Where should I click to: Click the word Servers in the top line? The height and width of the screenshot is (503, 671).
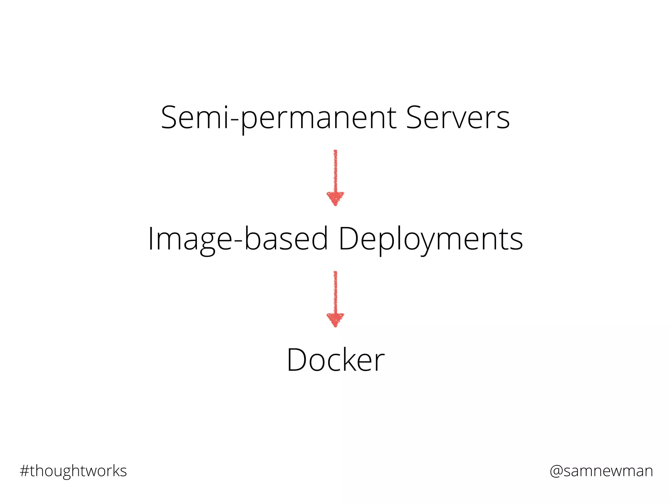457,118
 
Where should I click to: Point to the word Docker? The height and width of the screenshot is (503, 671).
335,360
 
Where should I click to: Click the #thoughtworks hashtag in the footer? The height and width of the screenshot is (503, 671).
73,471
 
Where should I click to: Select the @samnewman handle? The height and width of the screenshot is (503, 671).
601,471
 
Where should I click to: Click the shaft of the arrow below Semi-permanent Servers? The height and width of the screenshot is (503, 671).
335,170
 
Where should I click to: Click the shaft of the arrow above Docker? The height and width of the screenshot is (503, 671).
335,291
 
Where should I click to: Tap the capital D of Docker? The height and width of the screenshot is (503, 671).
297,360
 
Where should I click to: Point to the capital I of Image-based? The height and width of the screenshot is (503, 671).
151,239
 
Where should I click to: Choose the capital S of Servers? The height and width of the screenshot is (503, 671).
414,118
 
